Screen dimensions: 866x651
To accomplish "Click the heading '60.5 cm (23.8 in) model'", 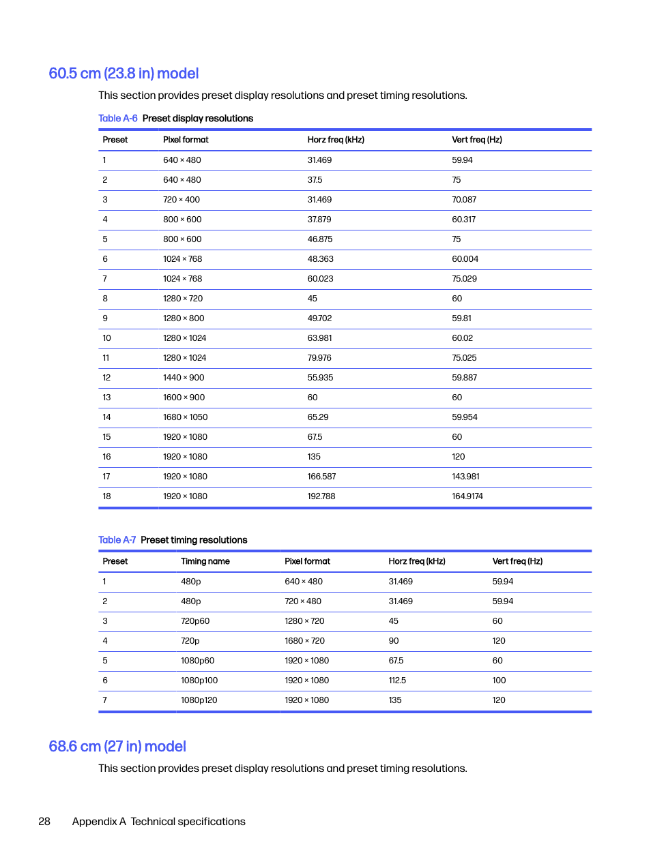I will [124, 74].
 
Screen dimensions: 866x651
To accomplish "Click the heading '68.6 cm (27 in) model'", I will [117, 747].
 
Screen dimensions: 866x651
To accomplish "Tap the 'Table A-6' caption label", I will [118, 119].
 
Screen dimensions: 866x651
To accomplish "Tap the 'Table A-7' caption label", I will [117, 540].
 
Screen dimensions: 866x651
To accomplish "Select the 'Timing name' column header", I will [205, 561].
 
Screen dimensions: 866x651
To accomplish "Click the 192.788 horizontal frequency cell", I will [321, 496].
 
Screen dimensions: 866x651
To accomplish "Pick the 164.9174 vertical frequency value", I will [467, 496].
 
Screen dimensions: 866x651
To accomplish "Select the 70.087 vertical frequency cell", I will [464, 200].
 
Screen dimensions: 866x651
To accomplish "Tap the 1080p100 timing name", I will [199, 681].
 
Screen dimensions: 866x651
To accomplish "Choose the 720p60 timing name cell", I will [195, 621].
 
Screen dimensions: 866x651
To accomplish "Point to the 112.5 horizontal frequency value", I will [397, 681].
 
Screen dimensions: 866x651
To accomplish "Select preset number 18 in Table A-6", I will [106, 496].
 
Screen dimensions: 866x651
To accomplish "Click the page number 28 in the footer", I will [44, 822].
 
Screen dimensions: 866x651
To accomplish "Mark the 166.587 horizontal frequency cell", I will [321, 477].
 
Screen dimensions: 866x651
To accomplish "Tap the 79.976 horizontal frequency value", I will [319, 358].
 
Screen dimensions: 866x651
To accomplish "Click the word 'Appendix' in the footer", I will [94, 822].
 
